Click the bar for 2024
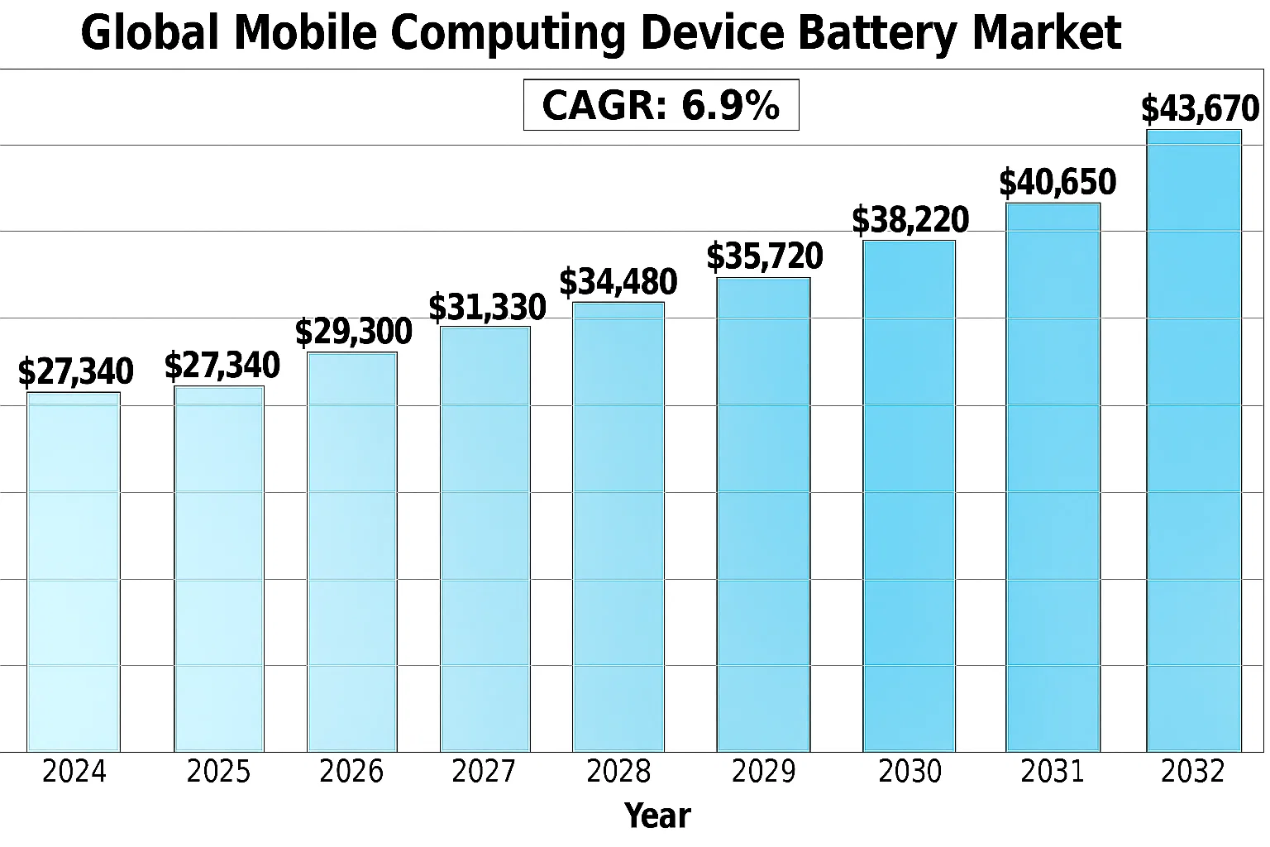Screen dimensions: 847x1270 point(74,572)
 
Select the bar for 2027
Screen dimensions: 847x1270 point(485,538)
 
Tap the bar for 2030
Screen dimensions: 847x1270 point(910,495)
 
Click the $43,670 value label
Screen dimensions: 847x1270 point(1200,109)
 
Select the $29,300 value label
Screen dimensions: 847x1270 point(353,332)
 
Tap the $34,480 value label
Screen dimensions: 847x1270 point(618,282)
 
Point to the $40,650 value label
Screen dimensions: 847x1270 point(1058,183)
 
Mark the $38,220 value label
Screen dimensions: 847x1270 point(910,220)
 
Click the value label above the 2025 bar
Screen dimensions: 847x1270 point(222,366)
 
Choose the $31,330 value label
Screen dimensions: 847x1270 point(487,308)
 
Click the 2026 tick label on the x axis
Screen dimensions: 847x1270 point(351,772)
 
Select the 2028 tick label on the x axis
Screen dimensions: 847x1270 point(618,772)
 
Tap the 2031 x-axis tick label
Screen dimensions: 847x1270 point(1053,772)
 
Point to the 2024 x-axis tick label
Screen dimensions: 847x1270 point(74,772)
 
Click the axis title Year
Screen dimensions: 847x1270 point(657,816)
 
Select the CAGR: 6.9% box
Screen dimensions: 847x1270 point(661,105)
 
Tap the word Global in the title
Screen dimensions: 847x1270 point(151,34)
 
